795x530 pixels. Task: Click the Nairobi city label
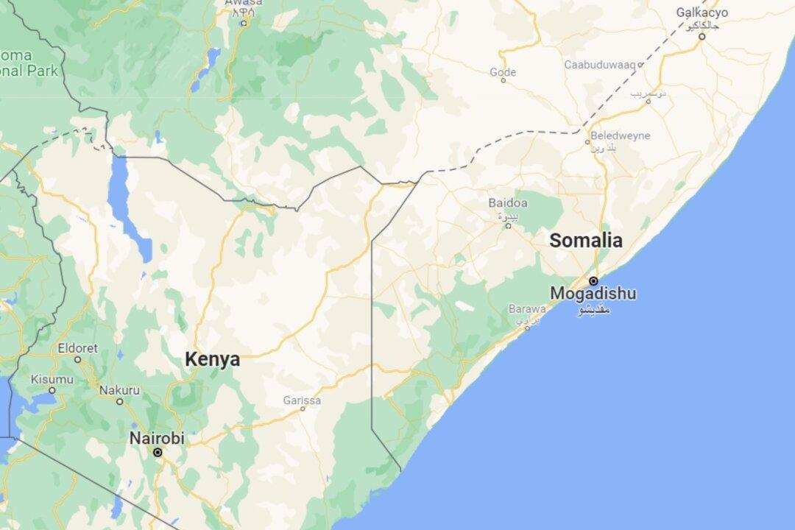click(x=157, y=438)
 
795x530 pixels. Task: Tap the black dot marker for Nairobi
click(x=158, y=453)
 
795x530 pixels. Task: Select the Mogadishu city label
click(x=593, y=294)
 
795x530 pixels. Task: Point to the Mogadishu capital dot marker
click(x=593, y=280)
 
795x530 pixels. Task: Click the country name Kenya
click(x=212, y=360)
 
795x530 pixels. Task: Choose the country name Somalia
click(x=586, y=240)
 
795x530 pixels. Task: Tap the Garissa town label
click(x=302, y=400)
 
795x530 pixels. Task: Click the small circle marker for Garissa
click(x=303, y=409)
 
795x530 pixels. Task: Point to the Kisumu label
click(x=52, y=379)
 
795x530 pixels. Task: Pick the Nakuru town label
click(x=119, y=389)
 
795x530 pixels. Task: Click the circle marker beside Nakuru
click(x=119, y=401)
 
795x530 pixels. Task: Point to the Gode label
click(x=503, y=72)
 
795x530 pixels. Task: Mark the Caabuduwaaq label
click(x=599, y=65)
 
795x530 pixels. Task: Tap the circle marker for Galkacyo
click(x=702, y=36)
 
